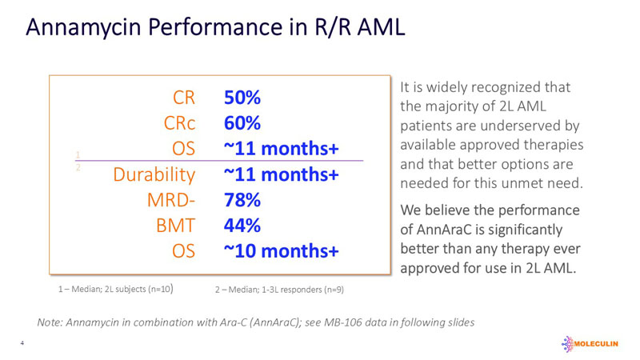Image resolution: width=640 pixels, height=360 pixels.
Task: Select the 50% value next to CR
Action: (x=243, y=98)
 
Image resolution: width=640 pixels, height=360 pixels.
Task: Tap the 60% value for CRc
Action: (x=243, y=123)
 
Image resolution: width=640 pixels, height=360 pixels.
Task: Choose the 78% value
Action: (x=243, y=200)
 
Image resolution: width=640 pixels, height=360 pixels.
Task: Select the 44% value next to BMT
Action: (x=243, y=226)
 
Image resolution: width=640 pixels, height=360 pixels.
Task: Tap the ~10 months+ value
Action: (x=281, y=251)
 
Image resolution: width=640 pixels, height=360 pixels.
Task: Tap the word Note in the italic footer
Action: (x=50, y=322)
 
